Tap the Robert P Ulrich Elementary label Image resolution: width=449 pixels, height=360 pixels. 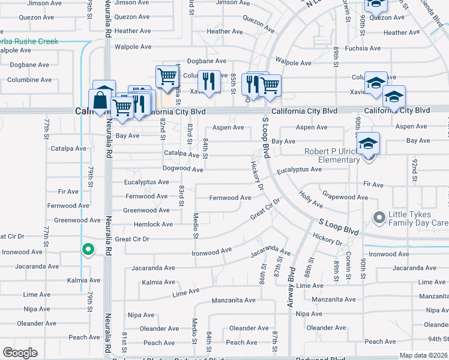pos(331,155)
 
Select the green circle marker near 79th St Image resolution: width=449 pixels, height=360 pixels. pos(88,249)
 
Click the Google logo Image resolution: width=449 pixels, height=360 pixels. pos(20,353)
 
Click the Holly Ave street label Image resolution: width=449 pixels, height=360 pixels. pos(310,200)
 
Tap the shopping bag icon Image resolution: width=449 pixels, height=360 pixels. pos(101,100)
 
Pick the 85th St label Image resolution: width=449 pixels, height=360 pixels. pos(233,80)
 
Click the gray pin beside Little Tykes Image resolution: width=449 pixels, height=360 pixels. pos(379,217)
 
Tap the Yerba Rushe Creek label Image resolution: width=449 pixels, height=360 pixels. pos(30,41)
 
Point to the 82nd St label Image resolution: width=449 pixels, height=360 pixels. pos(163,128)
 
